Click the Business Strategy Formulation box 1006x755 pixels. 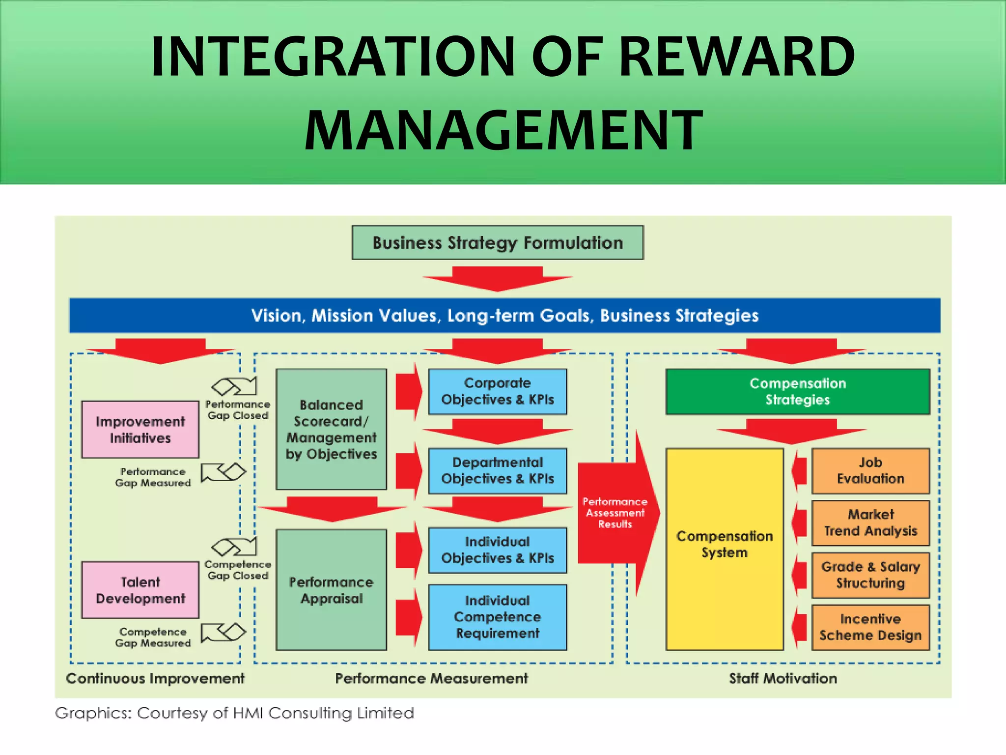click(x=497, y=243)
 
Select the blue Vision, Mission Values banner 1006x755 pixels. click(x=504, y=316)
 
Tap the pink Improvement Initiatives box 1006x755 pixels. click(x=140, y=430)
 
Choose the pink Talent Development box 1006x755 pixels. click(x=140, y=590)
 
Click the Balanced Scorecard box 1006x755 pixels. click(x=331, y=429)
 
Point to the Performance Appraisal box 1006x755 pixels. click(x=331, y=590)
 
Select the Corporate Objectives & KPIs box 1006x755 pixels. click(x=497, y=391)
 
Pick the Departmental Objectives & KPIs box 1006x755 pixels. click(x=497, y=470)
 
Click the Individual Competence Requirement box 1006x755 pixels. click(x=497, y=617)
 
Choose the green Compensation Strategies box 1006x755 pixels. click(x=797, y=391)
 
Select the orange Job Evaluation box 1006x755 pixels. click(x=870, y=470)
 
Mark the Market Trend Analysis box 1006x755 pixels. click(x=870, y=523)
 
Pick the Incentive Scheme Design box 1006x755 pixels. click(x=870, y=627)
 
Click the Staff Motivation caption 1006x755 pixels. click(x=782, y=678)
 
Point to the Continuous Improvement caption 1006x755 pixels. click(x=155, y=678)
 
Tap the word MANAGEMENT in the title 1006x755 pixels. click(x=503, y=130)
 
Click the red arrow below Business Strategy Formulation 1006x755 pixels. click(x=497, y=279)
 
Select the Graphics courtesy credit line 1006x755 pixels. click(x=234, y=713)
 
